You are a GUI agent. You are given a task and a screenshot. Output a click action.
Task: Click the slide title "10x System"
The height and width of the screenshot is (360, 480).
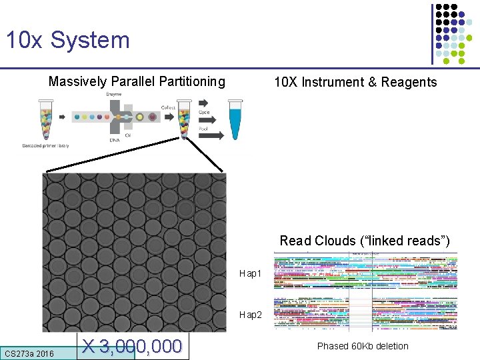tap(67, 40)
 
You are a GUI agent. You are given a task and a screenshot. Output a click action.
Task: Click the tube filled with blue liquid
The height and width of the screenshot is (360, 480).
tap(235, 120)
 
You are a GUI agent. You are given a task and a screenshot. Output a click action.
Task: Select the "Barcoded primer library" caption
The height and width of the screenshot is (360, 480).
tap(45, 145)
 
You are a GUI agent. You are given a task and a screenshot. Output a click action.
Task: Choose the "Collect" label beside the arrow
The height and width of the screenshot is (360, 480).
tap(169, 107)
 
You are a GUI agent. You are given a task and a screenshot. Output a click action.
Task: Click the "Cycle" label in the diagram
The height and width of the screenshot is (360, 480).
tap(205, 113)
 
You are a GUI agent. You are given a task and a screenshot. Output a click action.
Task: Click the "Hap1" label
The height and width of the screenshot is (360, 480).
tap(251, 274)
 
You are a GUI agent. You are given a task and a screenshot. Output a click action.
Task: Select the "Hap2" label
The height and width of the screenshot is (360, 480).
tap(251, 314)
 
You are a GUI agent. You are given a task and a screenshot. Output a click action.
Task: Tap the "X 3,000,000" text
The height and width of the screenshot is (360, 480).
tap(132, 347)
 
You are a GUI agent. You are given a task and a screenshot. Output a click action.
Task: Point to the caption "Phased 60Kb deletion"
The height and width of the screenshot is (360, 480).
tap(363, 346)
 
